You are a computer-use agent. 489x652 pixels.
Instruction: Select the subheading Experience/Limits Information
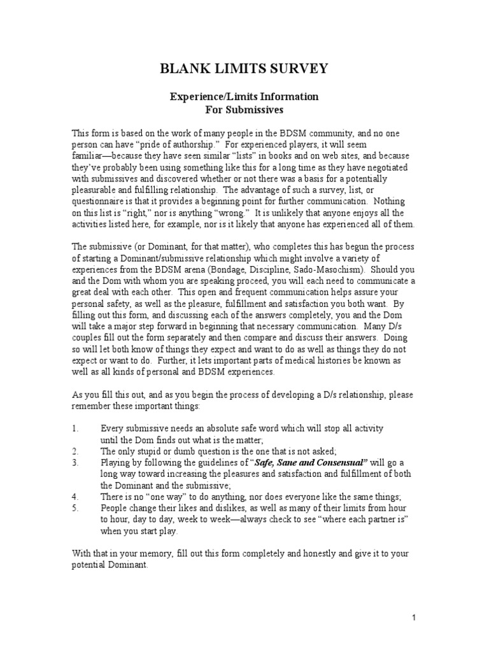(244, 97)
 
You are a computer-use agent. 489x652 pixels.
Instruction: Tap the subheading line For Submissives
(244, 109)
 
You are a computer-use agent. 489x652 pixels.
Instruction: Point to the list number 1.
(74, 429)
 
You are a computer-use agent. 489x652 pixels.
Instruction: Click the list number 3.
(74, 462)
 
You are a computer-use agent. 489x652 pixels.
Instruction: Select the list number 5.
(74, 508)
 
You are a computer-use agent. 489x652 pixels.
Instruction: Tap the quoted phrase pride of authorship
(146, 144)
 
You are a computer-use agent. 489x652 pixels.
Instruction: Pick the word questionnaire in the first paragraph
(99, 202)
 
